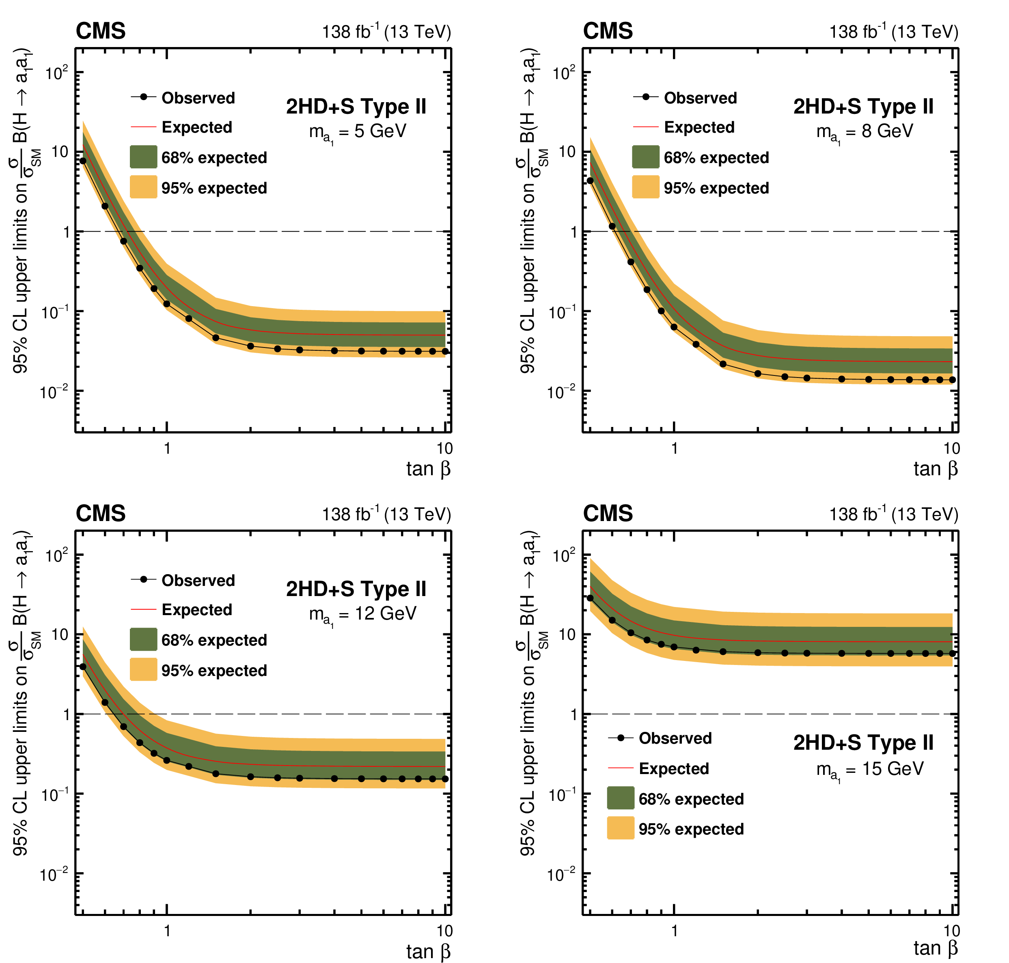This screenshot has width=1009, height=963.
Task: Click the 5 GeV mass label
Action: [358, 132]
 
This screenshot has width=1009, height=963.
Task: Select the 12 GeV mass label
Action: [363, 614]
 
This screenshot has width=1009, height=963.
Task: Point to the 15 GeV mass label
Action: [870, 770]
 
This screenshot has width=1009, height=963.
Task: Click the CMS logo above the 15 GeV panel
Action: [607, 514]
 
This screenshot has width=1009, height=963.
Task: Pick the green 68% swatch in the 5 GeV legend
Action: [143, 157]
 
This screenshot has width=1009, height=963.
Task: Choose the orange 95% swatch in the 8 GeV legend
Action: [645, 187]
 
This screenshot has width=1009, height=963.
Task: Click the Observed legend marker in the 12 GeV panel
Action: [144, 579]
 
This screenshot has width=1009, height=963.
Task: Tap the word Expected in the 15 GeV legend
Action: [673, 768]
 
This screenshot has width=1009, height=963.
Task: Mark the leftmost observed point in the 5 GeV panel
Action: [83, 161]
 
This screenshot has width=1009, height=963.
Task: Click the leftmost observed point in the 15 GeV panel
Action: [590, 598]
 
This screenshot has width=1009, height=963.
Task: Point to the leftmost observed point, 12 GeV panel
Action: [83, 667]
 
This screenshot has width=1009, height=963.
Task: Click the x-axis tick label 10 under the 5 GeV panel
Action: [444, 448]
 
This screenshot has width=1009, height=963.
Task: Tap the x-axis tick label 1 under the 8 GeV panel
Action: [674, 448]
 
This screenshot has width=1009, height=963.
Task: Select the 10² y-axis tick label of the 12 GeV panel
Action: [56, 555]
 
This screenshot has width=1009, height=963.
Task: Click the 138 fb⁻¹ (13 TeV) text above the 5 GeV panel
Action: [386, 32]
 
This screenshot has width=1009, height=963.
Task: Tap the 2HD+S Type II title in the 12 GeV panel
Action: [356, 589]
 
